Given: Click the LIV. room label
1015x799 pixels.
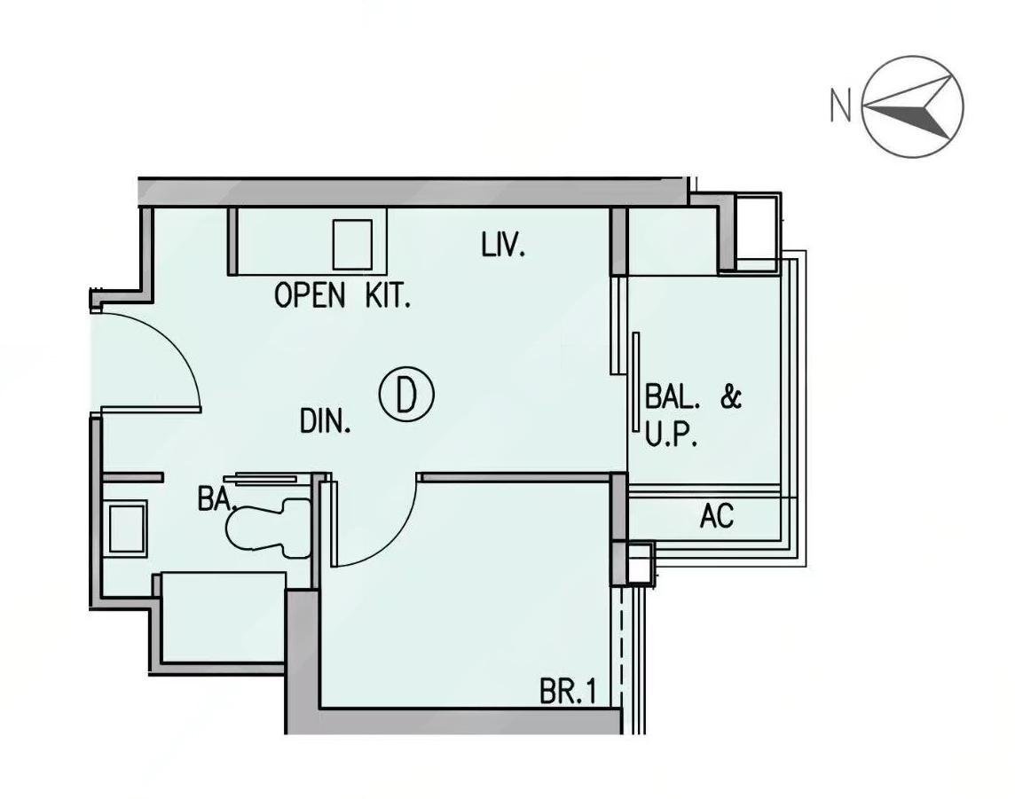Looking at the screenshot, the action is [503, 246].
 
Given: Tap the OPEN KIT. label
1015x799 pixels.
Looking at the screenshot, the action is [342, 295].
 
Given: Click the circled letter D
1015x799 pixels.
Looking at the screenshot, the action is [405, 394].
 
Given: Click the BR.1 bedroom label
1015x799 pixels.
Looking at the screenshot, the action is [568, 693].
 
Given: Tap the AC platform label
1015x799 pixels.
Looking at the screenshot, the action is [717, 515].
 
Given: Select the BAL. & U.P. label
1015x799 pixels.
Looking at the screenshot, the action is [693, 416].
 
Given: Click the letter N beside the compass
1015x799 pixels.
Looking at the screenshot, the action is [840, 106].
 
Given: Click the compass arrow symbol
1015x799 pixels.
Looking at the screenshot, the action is [913, 106].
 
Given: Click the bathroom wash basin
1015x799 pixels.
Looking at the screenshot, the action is [126, 528].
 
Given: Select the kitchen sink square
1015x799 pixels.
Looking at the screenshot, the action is [353, 245].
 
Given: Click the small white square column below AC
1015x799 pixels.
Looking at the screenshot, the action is [639, 561].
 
